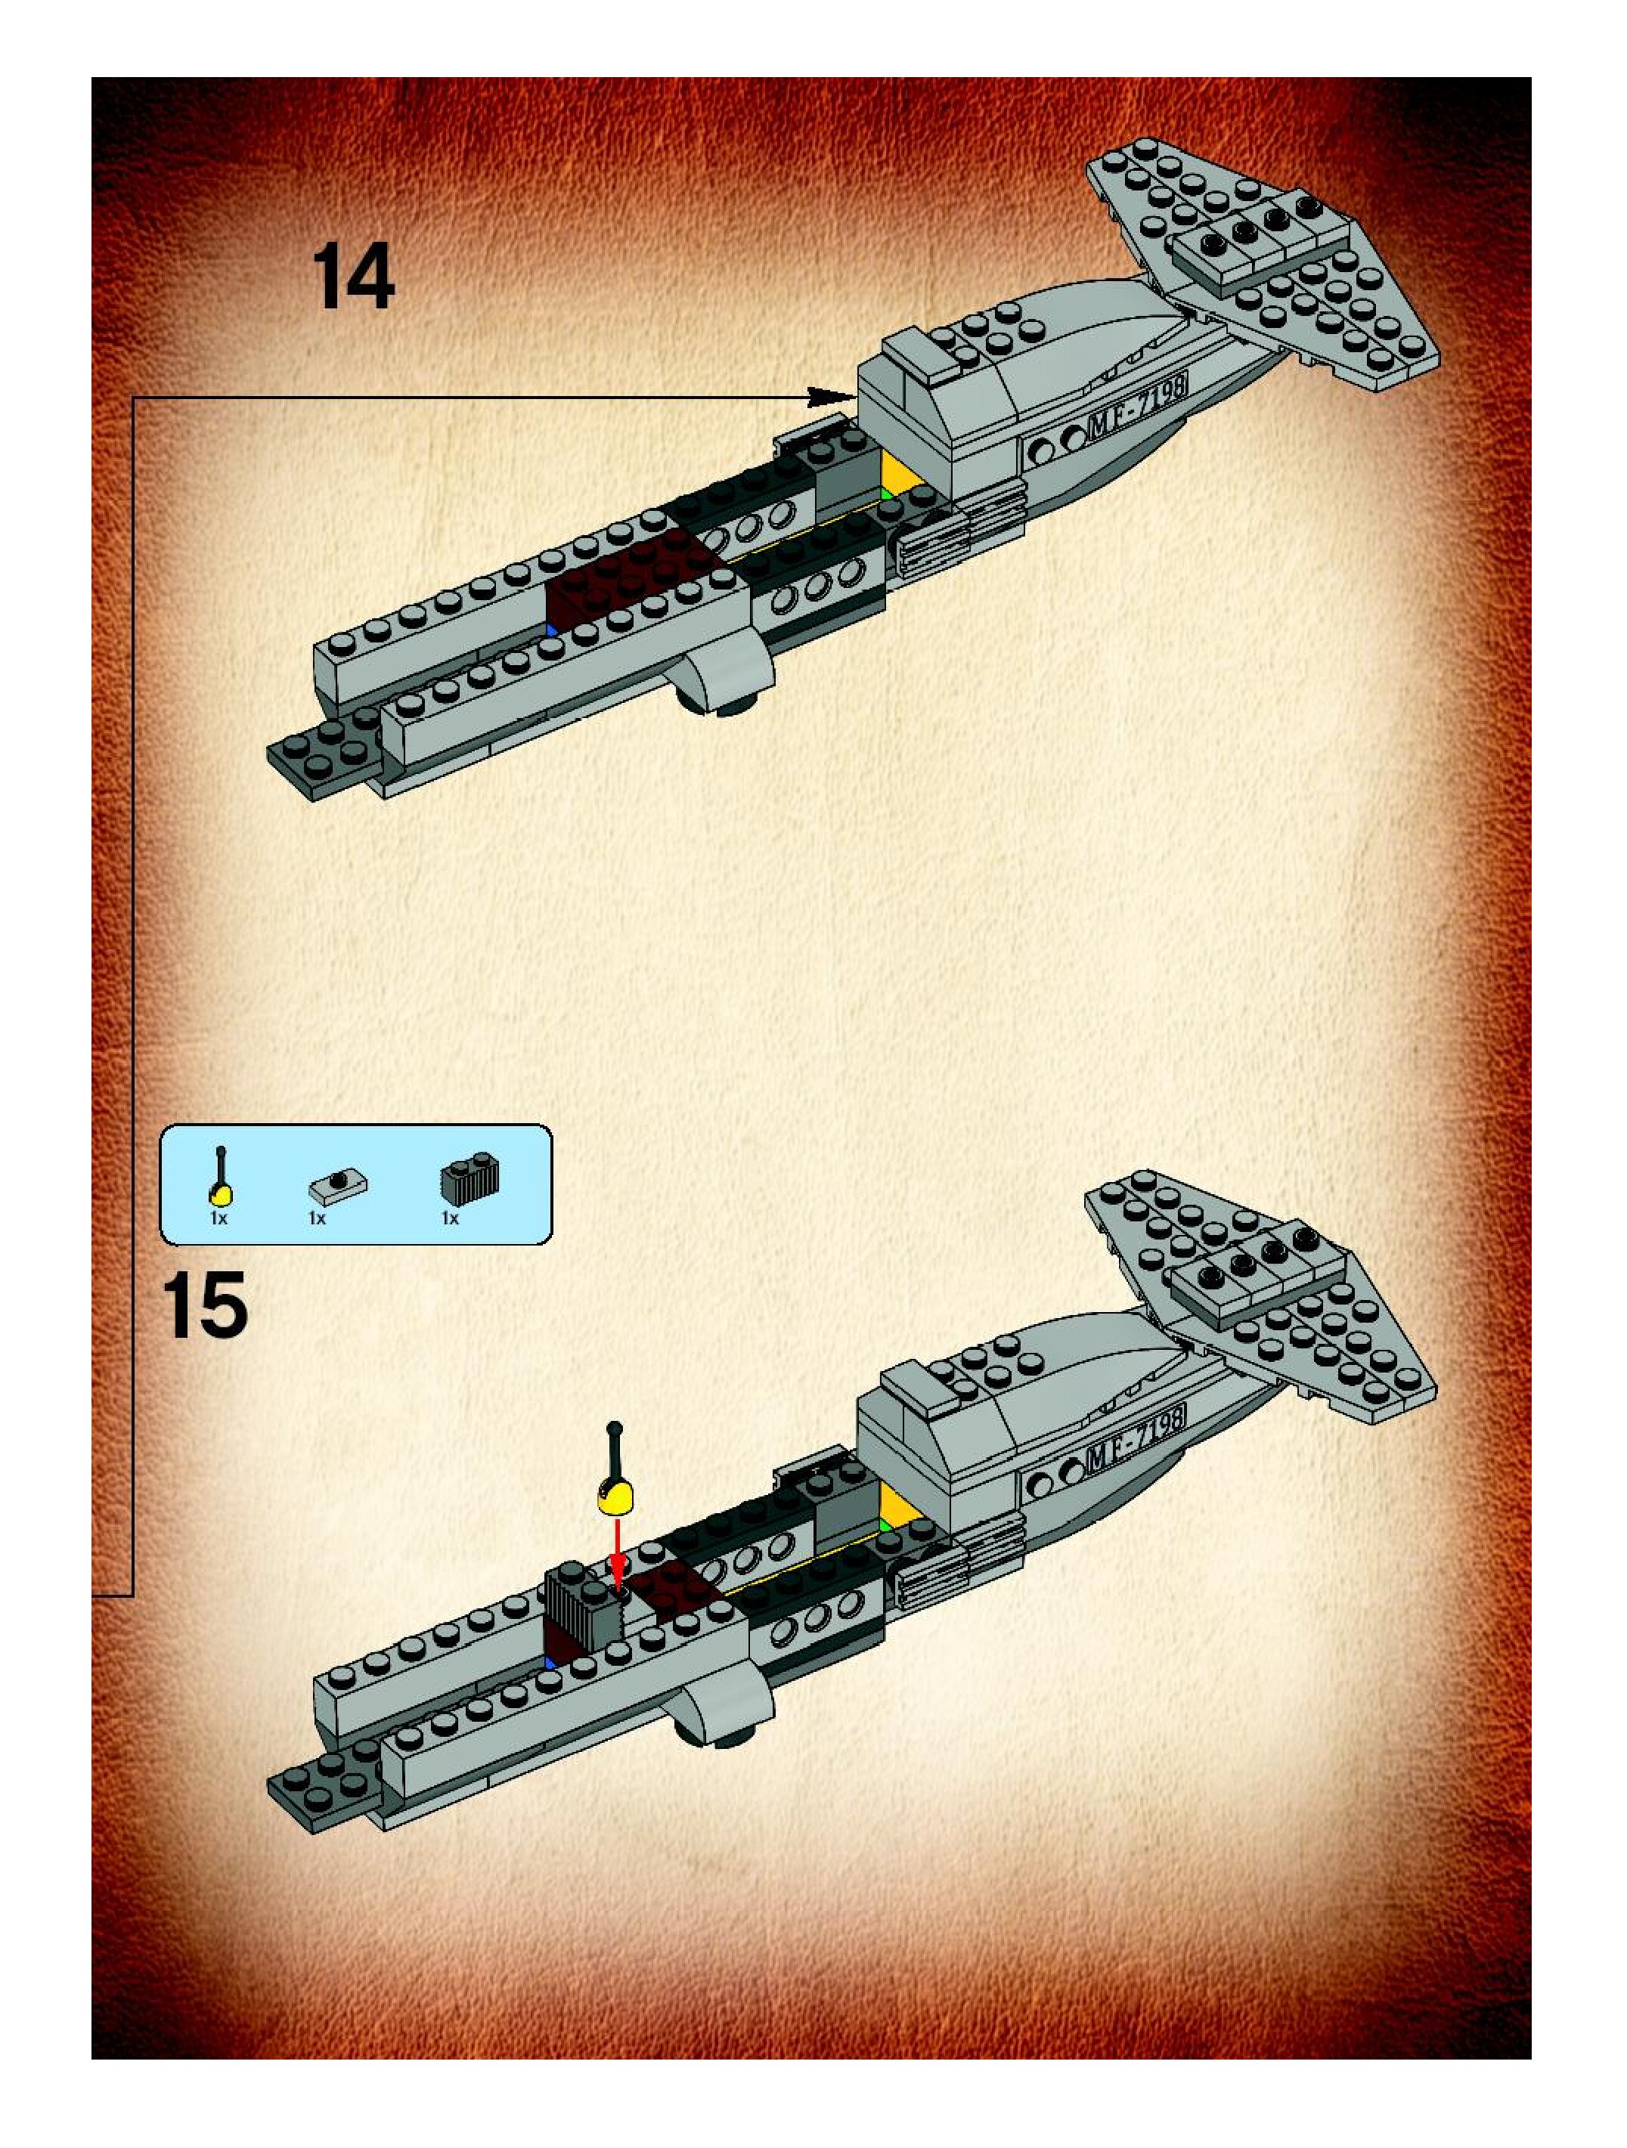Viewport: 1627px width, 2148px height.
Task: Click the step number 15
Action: tap(205, 1307)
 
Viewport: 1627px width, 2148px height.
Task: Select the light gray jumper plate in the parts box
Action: tap(338, 1184)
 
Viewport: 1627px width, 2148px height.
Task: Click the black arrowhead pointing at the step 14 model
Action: tap(830, 396)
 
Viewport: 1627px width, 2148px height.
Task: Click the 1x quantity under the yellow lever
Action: tap(218, 1218)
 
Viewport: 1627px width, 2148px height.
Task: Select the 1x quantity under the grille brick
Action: tap(450, 1218)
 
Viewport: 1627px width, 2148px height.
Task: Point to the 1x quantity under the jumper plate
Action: tap(317, 1218)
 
